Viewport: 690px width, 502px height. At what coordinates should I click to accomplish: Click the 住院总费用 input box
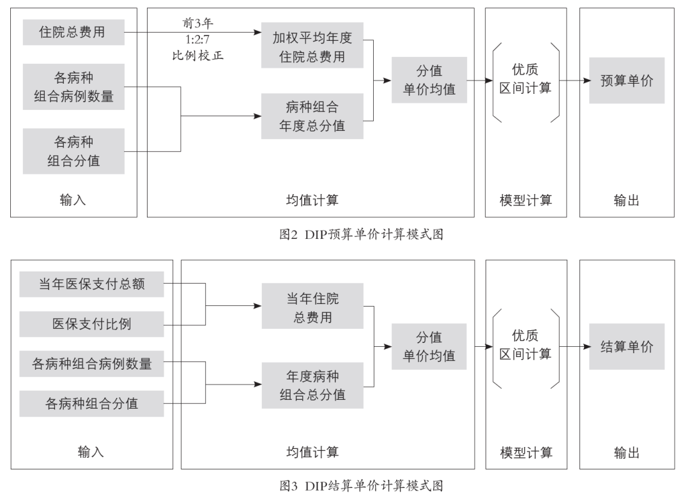[x=73, y=32]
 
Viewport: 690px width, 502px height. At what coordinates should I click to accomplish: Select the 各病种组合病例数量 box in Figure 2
[x=73, y=87]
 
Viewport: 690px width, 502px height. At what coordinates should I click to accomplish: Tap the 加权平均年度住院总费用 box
[x=312, y=47]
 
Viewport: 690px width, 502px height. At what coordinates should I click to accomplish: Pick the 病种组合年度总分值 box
[x=312, y=116]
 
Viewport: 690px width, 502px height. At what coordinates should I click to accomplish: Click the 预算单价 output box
[x=627, y=82]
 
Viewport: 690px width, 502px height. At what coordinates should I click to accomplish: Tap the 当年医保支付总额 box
[x=91, y=284]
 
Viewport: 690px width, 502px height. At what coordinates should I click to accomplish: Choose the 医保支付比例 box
[x=91, y=324]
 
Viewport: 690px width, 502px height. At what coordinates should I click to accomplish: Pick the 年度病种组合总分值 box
[x=312, y=385]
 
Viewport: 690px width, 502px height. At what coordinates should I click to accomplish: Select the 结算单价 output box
[x=627, y=347]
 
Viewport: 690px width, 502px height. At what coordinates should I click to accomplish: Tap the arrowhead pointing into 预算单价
[x=585, y=82]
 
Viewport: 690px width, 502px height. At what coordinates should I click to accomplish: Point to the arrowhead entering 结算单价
[x=585, y=347]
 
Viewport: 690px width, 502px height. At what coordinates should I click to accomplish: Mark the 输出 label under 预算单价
[x=626, y=201]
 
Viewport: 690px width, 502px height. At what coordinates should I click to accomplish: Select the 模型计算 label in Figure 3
[x=525, y=453]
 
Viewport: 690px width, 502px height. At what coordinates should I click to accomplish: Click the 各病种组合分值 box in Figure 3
[x=91, y=404]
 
